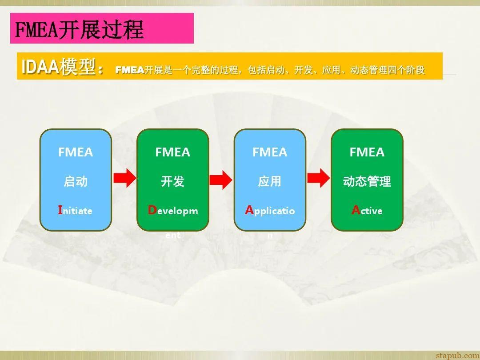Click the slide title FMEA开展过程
pyautogui.click(x=80, y=29)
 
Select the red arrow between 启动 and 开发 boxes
pyautogui.click(x=124, y=178)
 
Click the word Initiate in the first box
pyautogui.click(x=75, y=211)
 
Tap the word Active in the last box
pyautogui.click(x=367, y=211)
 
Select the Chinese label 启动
pyautogui.click(x=76, y=181)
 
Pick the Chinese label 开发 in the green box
pyautogui.click(x=172, y=181)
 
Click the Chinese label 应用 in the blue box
pyautogui.click(x=270, y=181)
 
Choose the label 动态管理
pyautogui.click(x=367, y=181)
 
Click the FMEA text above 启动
pyautogui.click(x=76, y=152)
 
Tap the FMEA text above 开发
pyautogui.click(x=172, y=152)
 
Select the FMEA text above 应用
pyautogui.click(x=270, y=152)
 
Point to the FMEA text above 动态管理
pyautogui.click(x=367, y=152)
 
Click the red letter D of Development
pyautogui.click(x=152, y=210)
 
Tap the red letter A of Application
pyautogui.click(x=249, y=210)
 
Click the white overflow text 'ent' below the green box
pyautogui.click(x=173, y=235)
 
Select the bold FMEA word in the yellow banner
pyautogui.click(x=130, y=70)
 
